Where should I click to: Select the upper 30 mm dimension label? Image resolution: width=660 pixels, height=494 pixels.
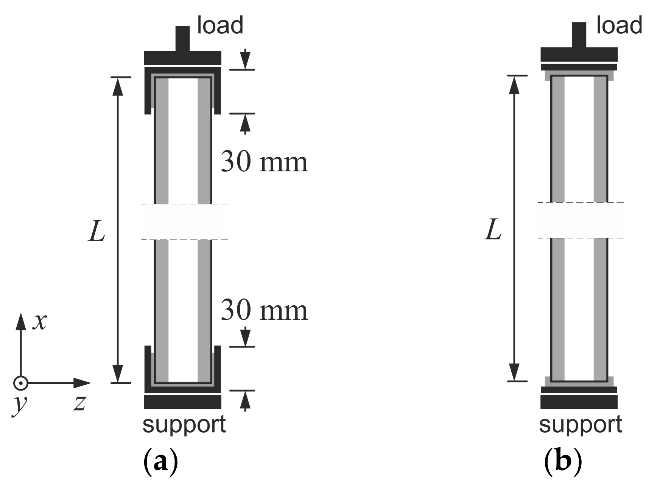click(x=264, y=162)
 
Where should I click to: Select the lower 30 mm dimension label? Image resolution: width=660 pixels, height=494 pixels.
click(x=264, y=310)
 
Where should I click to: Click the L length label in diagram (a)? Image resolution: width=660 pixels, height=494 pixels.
click(x=97, y=231)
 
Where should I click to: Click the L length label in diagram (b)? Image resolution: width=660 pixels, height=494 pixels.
click(x=493, y=230)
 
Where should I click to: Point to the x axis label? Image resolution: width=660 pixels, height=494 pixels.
click(x=39, y=322)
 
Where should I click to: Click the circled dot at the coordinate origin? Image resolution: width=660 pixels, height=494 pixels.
click(x=20, y=383)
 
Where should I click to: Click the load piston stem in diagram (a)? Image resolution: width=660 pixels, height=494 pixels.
click(x=183, y=38)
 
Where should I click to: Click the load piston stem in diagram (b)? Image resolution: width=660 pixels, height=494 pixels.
click(x=579, y=35)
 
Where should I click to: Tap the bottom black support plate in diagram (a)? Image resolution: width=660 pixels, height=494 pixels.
click(x=182, y=402)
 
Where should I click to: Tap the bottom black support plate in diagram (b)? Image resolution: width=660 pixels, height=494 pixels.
click(x=579, y=402)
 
